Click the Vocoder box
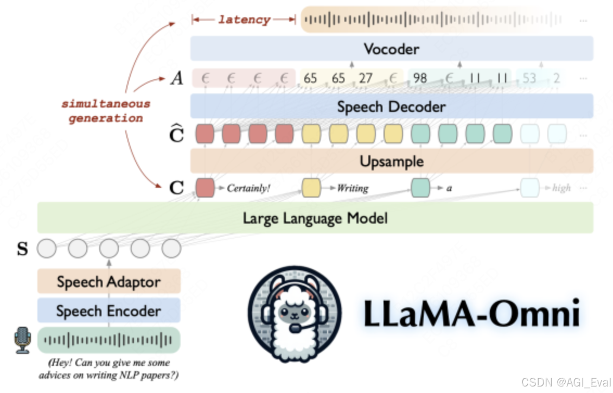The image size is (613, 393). pyautogui.click(x=391, y=49)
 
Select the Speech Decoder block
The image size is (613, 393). pyautogui.click(x=391, y=106)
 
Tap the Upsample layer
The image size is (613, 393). pyautogui.click(x=391, y=161)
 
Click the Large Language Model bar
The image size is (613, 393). pyautogui.click(x=315, y=218)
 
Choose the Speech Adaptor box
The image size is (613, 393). pyautogui.click(x=108, y=282)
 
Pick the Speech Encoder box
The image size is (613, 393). pyautogui.click(x=108, y=311)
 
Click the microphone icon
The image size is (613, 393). pyautogui.click(x=23, y=340)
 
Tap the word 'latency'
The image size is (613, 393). pyautogui.click(x=244, y=20)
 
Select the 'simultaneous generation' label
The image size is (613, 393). pyautogui.click(x=105, y=111)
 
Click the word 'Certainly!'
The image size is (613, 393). pyautogui.click(x=248, y=188)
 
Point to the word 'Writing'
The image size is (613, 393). pyautogui.click(x=353, y=188)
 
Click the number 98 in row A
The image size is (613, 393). pyautogui.click(x=420, y=78)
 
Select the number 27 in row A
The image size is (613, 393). pyautogui.click(x=366, y=78)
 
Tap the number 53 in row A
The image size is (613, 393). pyautogui.click(x=529, y=78)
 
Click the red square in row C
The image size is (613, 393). pyautogui.click(x=205, y=187)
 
